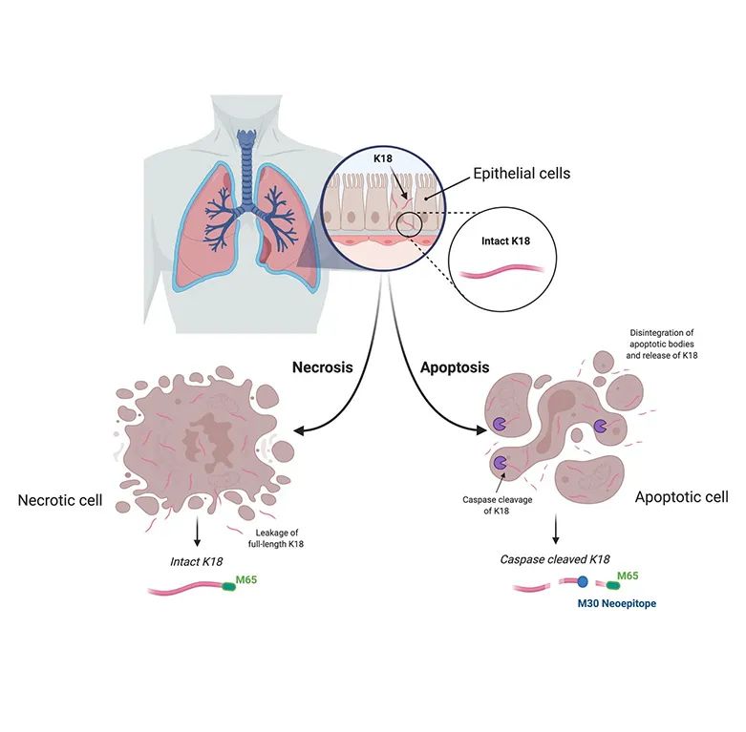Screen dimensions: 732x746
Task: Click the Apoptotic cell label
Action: pos(681,497)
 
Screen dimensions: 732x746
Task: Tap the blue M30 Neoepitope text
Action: pos(617,604)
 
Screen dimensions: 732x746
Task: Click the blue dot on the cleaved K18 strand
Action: pos(582,582)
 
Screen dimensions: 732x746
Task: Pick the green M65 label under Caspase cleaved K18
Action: pos(627,575)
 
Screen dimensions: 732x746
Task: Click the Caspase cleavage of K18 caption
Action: pos(490,505)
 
